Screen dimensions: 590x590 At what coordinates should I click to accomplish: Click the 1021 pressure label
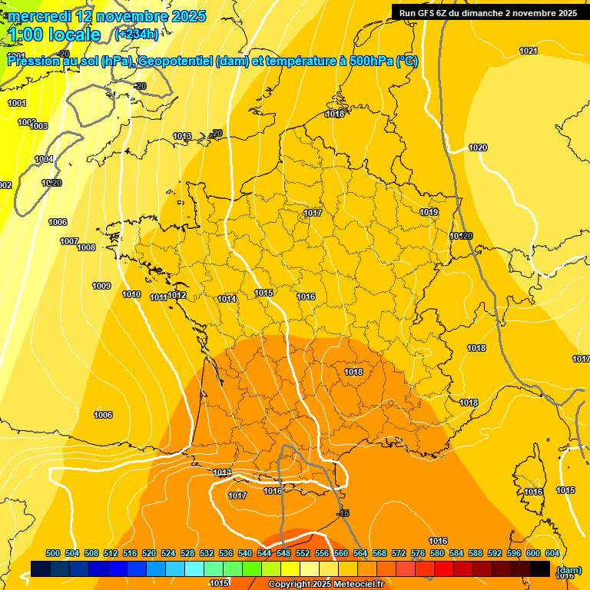[528, 51]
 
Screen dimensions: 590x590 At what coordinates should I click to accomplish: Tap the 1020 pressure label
[478, 147]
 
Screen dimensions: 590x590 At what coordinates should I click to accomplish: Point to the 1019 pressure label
[429, 212]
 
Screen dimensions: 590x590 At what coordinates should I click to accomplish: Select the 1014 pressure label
[227, 299]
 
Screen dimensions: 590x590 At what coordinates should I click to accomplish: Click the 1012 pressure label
[177, 295]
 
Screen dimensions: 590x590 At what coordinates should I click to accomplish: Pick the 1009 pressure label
[101, 286]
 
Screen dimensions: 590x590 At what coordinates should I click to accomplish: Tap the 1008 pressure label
[86, 247]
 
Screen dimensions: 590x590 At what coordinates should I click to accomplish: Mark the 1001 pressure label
[16, 103]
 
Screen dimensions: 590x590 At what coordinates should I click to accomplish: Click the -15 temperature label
[343, 513]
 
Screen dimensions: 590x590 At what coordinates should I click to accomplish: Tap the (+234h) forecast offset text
[137, 34]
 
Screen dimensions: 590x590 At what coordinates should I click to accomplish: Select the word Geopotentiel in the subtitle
[176, 62]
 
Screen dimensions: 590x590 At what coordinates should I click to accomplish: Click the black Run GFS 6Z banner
[488, 12]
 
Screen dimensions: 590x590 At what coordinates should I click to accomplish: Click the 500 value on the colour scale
[53, 553]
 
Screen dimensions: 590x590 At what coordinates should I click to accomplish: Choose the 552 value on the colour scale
[303, 553]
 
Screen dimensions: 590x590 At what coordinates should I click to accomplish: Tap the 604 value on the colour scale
[552, 553]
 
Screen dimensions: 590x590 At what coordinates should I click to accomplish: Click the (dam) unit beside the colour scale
[568, 570]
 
